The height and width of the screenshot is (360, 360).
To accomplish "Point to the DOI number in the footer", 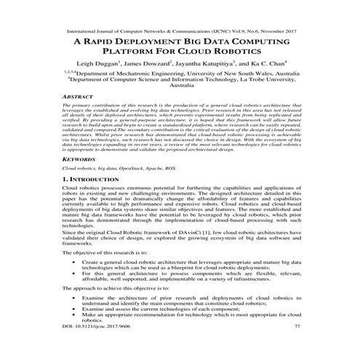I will (92, 326).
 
